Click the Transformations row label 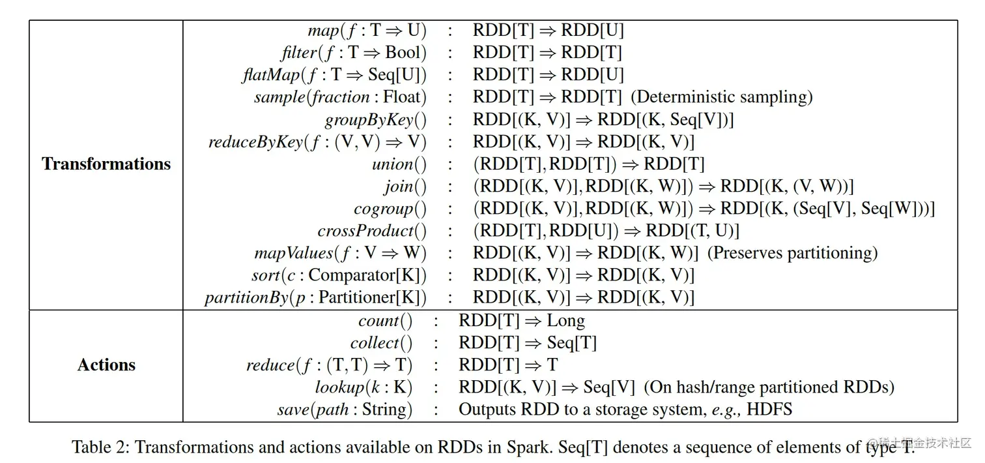coord(106,164)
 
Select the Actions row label coord(106,365)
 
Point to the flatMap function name coord(270,75)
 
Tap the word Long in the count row coord(565,321)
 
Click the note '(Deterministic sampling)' coord(722,97)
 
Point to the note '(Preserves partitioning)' coord(792,253)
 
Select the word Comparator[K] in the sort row coord(367,275)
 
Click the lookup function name coord(339,387)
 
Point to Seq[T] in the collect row coord(571,343)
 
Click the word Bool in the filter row coord(402,52)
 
